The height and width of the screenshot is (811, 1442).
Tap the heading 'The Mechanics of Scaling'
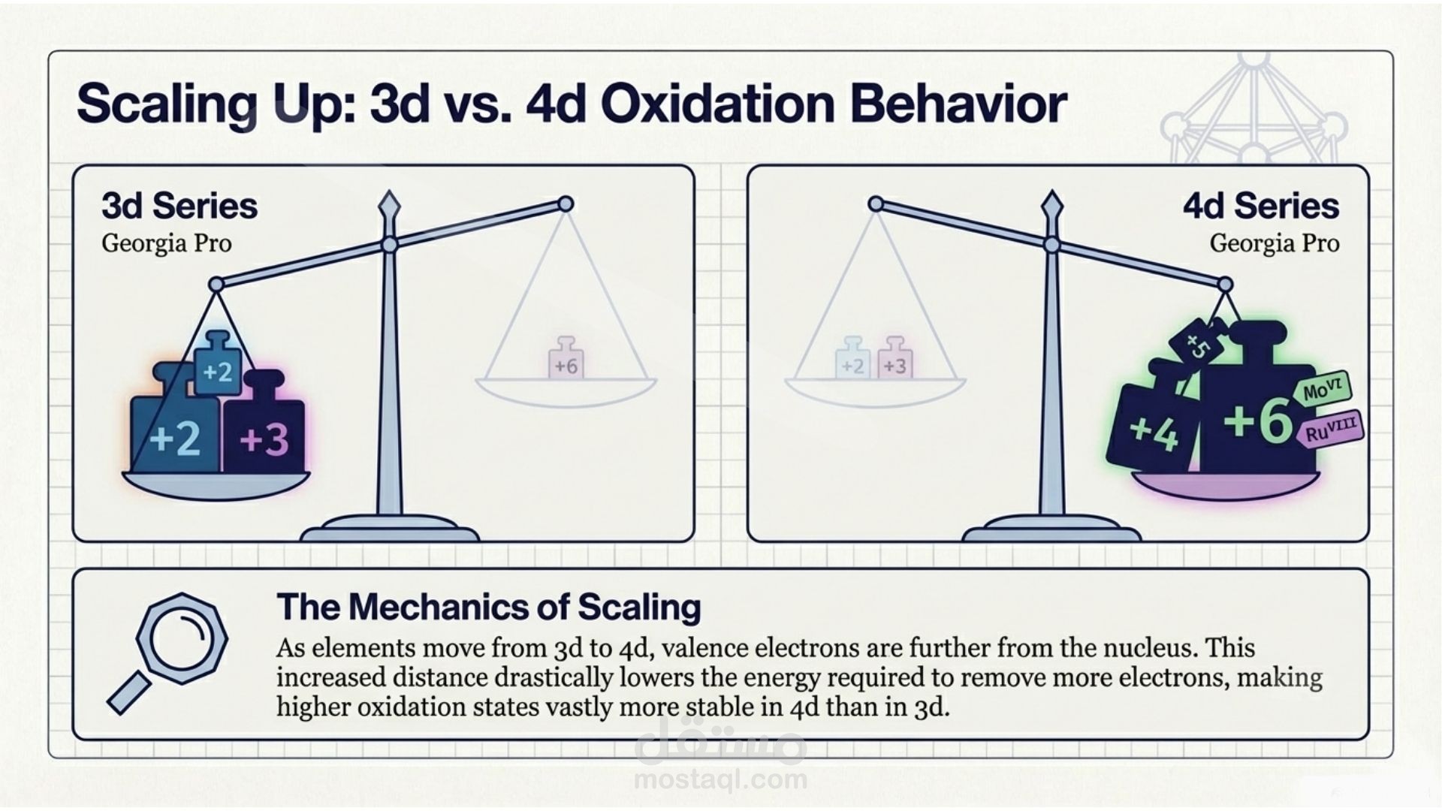tap(489, 607)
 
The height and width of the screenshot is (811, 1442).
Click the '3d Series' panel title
tap(179, 207)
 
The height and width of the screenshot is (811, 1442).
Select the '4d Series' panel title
tap(1261, 207)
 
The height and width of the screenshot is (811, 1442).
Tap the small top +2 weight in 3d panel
tap(218, 365)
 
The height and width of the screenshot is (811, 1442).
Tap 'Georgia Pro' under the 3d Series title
tap(167, 244)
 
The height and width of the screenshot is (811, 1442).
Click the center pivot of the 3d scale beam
tap(389, 245)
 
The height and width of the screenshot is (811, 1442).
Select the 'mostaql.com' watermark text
tap(720, 779)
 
